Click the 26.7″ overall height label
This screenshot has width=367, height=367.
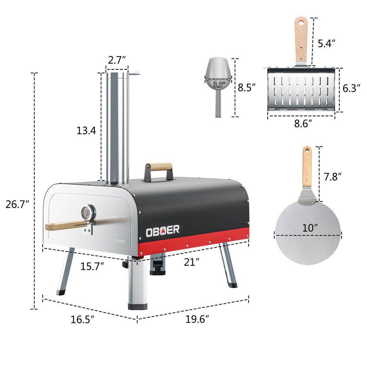[17, 204]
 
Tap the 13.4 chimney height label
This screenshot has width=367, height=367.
[86, 130]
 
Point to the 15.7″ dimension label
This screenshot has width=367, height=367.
[92, 266]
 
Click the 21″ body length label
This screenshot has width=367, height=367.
[192, 262]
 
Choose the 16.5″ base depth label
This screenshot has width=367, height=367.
[82, 319]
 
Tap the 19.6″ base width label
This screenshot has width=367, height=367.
[197, 319]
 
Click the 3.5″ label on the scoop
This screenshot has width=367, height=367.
[219, 84]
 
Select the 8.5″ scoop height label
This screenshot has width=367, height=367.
[247, 87]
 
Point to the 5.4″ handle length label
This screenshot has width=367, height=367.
[327, 43]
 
